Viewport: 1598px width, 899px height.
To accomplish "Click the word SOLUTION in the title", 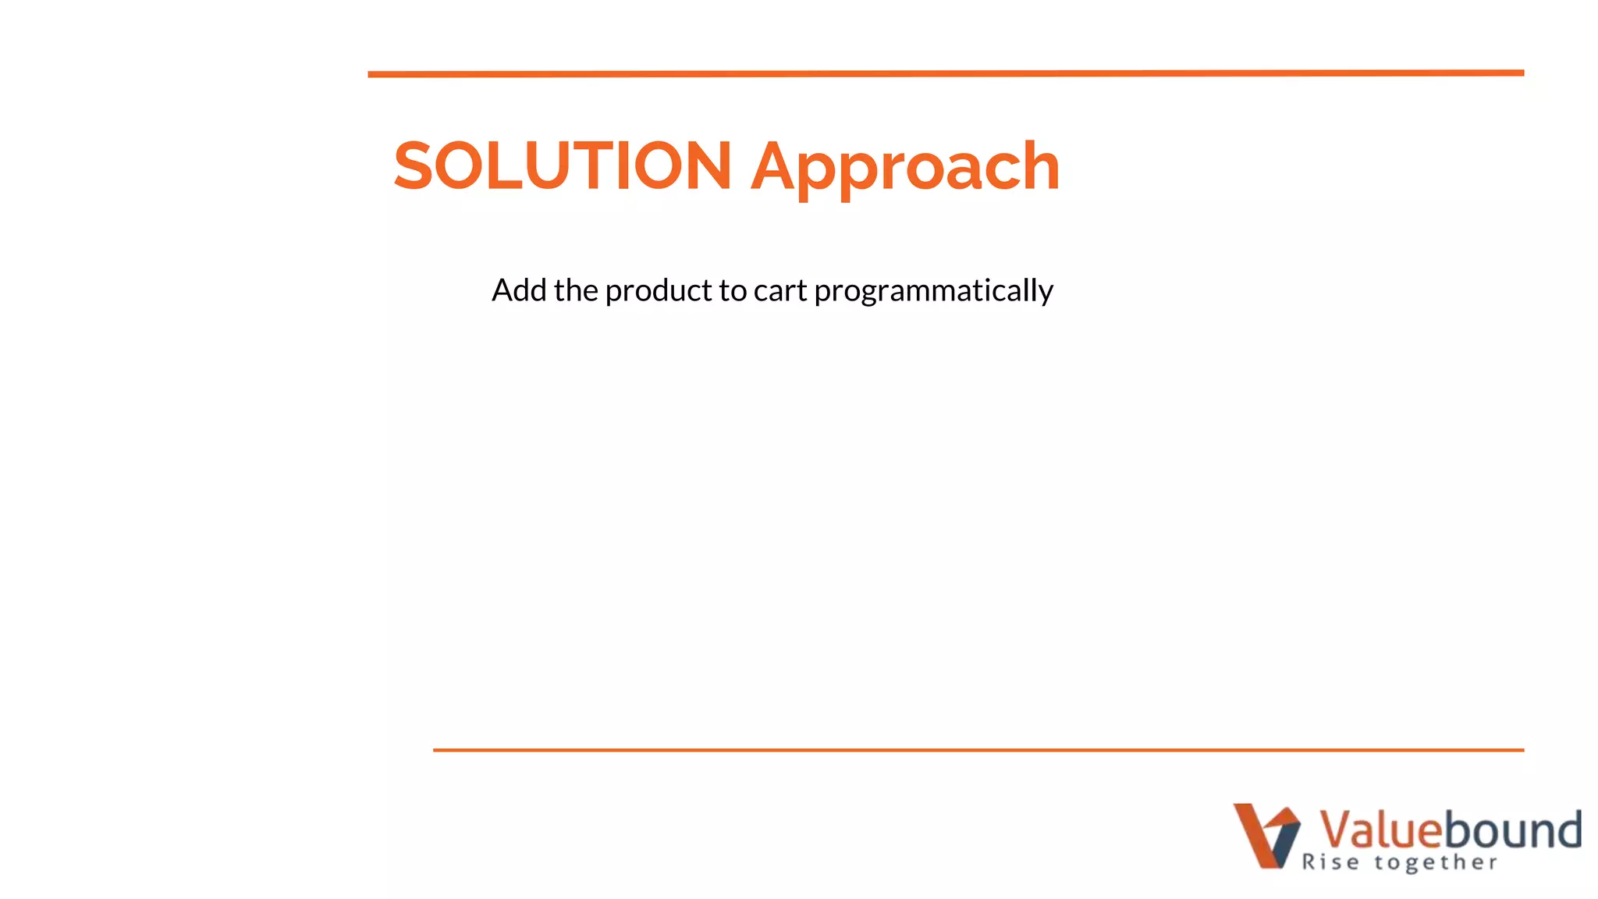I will click(x=563, y=165).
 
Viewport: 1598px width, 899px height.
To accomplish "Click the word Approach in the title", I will click(x=905, y=167).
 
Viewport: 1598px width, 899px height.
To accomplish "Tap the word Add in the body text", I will click(x=519, y=290).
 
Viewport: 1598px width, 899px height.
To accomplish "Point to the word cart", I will click(x=779, y=291).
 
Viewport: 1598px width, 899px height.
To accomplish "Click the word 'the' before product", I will click(x=576, y=290).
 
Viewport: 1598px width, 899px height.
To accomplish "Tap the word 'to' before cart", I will click(x=733, y=291).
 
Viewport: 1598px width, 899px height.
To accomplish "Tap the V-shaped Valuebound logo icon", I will click(x=1266, y=835).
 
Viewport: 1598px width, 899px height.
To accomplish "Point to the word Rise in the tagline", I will click(x=1330, y=862).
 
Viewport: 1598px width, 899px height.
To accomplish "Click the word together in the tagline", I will click(x=1436, y=862).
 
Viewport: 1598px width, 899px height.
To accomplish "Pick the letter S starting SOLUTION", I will click(x=412, y=165).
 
